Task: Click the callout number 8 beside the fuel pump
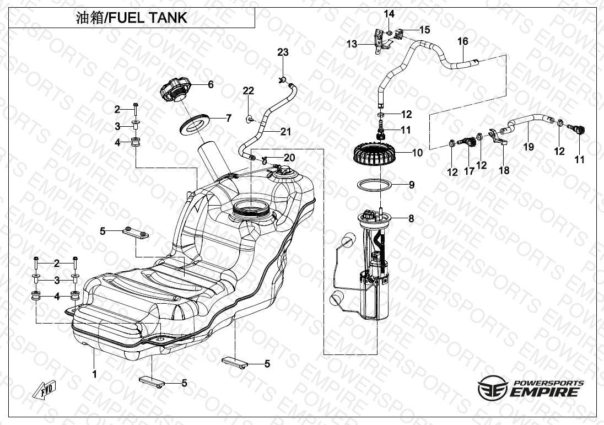pyautogui.click(x=412, y=218)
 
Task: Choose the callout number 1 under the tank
pyautogui.click(x=94, y=374)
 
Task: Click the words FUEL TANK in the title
pyautogui.click(x=148, y=18)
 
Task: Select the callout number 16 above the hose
pyautogui.click(x=462, y=41)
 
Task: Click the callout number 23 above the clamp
pyautogui.click(x=283, y=52)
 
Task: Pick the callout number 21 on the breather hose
pyautogui.click(x=285, y=132)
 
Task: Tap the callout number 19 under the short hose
pyautogui.click(x=529, y=147)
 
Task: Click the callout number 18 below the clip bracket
pyautogui.click(x=504, y=170)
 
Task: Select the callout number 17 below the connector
pyautogui.click(x=469, y=171)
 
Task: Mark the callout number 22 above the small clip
pyautogui.click(x=249, y=91)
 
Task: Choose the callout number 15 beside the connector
pyautogui.click(x=424, y=30)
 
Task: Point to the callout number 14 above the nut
pyautogui.click(x=389, y=14)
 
